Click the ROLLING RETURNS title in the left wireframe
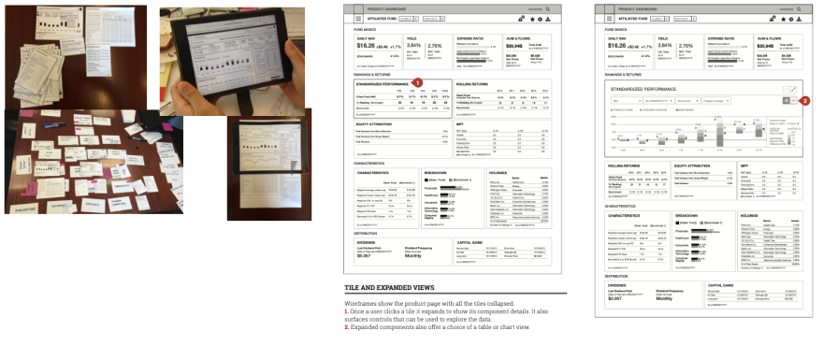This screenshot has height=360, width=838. click(x=475, y=83)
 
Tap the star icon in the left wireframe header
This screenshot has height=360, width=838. click(x=547, y=18)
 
